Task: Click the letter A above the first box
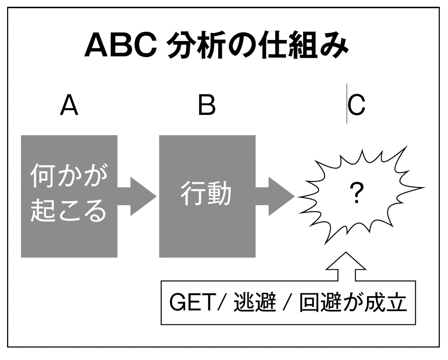69,106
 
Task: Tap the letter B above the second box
207,106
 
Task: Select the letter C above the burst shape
357,106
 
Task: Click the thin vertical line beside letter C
347,104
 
